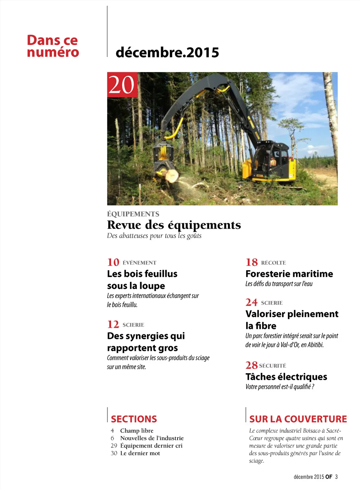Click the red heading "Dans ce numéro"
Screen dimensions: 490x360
53,46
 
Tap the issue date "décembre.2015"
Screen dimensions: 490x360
167,53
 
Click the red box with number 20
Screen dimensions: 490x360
122,85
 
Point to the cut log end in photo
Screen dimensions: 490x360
172,175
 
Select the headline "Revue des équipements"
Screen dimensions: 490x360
174,225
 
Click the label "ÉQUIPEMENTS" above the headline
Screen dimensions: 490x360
133,214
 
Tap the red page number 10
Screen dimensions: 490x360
113,262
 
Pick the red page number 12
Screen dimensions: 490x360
113,324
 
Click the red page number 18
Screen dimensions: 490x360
252,262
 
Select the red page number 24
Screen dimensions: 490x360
252,302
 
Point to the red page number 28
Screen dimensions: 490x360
251,365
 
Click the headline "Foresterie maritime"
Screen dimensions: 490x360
289,274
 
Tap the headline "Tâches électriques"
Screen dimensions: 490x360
286,377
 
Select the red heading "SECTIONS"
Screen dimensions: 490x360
134,419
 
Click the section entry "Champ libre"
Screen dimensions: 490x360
137,431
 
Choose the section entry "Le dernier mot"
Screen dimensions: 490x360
140,453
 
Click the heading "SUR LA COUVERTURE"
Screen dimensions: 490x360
298,419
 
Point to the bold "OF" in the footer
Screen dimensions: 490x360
329,477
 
